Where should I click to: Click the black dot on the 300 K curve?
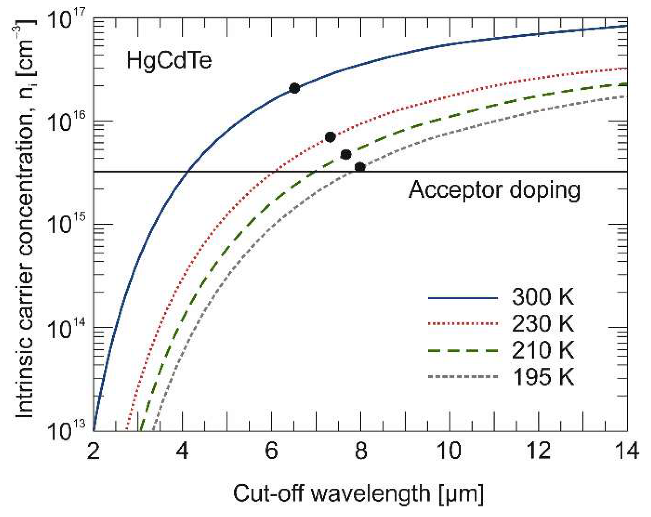click(x=294, y=88)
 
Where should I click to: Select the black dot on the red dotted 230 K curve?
click(x=330, y=137)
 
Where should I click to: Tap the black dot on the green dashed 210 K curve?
click(x=346, y=155)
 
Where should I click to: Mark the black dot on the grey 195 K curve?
click(x=360, y=167)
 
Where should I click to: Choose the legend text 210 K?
click(x=542, y=350)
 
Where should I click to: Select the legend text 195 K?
click(x=542, y=377)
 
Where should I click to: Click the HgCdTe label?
click(x=169, y=61)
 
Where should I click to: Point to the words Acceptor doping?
click(x=494, y=190)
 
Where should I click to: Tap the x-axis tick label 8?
click(x=361, y=450)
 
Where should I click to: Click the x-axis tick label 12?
click(x=538, y=450)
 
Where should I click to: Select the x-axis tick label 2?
click(x=93, y=450)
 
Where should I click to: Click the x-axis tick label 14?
click(x=627, y=450)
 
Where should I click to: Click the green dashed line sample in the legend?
click(x=462, y=351)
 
